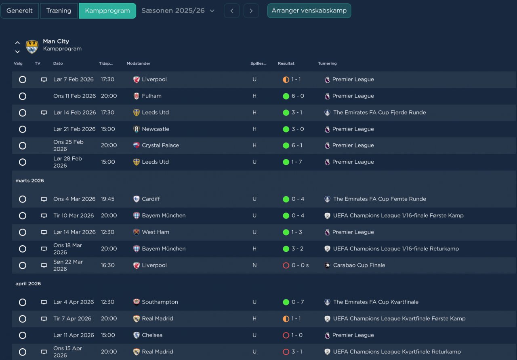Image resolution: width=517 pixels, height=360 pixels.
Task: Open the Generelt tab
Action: click(x=19, y=11)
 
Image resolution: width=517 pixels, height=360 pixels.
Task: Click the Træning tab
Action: click(x=59, y=11)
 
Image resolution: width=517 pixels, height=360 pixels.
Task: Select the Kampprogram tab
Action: click(x=107, y=11)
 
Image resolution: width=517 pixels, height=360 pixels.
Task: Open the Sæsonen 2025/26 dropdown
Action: click(x=178, y=11)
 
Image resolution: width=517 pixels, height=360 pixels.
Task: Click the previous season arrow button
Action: click(x=232, y=11)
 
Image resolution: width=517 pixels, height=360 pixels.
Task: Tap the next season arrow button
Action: click(x=251, y=11)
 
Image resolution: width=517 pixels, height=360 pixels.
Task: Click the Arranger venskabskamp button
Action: click(x=309, y=11)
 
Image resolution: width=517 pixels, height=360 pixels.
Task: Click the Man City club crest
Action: click(x=32, y=46)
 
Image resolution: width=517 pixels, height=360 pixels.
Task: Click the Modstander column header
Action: click(x=139, y=63)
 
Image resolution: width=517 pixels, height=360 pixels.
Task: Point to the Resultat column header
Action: click(x=286, y=63)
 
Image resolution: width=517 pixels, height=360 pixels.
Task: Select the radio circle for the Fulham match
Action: click(x=23, y=96)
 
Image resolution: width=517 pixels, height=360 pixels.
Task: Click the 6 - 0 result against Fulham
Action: click(x=298, y=96)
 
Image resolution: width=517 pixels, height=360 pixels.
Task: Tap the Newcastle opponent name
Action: click(x=156, y=129)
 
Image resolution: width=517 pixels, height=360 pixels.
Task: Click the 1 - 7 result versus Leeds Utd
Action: click(x=296, y=162)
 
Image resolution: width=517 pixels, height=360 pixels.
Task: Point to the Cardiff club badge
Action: click(x=137, y=199)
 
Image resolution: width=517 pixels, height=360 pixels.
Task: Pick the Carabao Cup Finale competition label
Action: click(x=359, y=265)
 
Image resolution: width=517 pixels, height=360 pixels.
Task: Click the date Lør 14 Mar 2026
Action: click(x=74, y=232)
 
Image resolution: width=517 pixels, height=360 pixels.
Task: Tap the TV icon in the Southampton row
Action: click(x=44, y=302)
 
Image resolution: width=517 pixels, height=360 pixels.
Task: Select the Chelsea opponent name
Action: click(x=152, y=335)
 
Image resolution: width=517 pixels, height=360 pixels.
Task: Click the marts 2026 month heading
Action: click(x=29, y=181)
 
